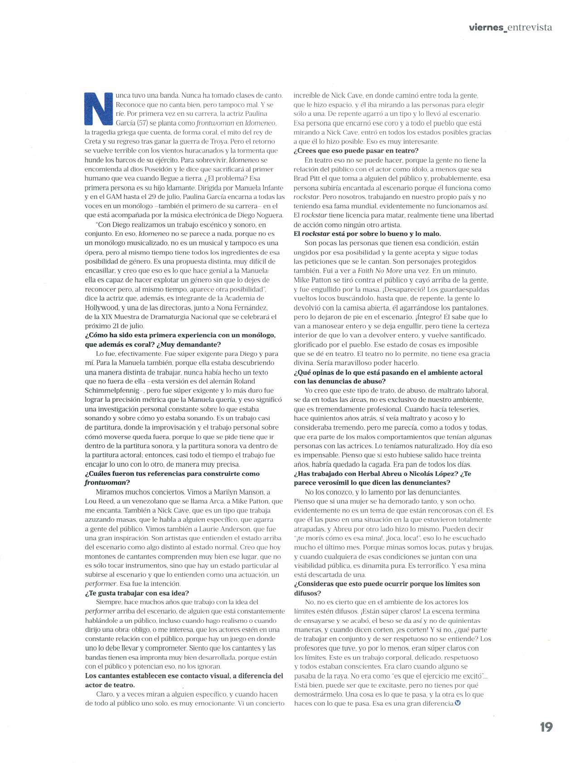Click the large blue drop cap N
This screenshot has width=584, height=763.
pos(98,108)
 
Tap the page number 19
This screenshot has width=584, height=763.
pos(546,728)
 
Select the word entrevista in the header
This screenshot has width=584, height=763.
pos(530,28)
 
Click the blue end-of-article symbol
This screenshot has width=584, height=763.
pos(457,703)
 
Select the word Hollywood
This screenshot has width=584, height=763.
pos(102,307)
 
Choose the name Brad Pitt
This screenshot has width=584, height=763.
pos(307,178)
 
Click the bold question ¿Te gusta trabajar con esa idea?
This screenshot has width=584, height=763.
pos(137,593)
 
